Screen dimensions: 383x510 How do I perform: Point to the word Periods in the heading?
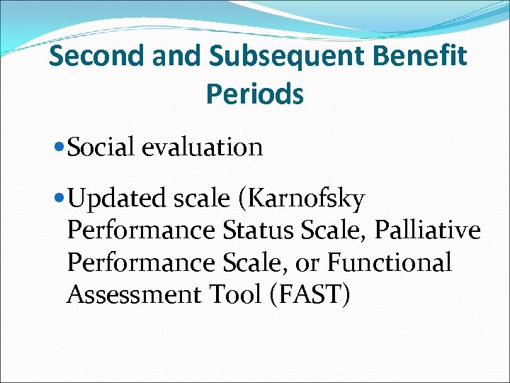[255, 93]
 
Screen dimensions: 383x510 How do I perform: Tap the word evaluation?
[202, 148]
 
